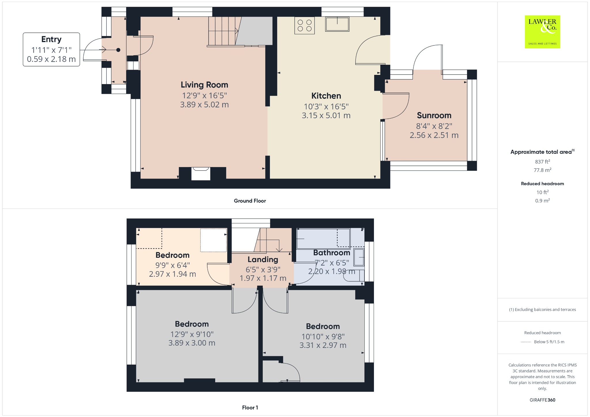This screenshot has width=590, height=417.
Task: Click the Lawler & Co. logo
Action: [542, 32]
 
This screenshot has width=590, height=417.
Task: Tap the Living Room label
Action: [204, 85]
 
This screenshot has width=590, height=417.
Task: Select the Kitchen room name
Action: [326, 96]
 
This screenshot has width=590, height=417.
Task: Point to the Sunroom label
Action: [434, 115]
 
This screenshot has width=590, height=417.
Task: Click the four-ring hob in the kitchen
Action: [305, 26]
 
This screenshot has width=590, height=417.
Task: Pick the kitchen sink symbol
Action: [337, 24]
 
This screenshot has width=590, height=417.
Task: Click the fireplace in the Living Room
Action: [201, 173]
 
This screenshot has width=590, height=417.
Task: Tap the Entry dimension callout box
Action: [51, 50]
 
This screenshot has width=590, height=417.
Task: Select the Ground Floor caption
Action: [250, 201]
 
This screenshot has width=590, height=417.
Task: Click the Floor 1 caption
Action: [250, 407]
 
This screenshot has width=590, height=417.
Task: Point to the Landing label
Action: [263, 259]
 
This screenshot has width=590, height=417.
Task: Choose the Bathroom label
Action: [332, 253]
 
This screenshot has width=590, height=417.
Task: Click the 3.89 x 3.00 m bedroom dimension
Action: [192, 343]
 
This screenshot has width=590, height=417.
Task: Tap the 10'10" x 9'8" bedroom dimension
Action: [323, 336]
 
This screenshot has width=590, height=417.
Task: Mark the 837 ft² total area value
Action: [542, 162]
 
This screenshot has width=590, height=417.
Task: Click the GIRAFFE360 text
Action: [542, 400]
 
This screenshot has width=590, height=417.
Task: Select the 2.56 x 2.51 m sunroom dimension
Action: [434, 135]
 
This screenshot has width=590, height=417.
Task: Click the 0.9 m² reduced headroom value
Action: [542, 200]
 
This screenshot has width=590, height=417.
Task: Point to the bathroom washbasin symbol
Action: [359, 257]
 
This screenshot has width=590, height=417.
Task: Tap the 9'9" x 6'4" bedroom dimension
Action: [173, 265]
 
